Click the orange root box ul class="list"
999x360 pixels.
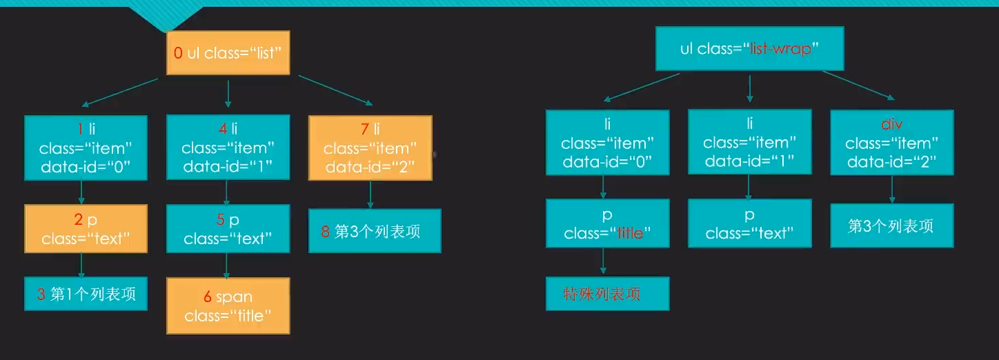[x=227, y=54]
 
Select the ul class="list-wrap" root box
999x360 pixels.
[x=749, y=48]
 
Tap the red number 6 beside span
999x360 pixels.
[x=207, y=297]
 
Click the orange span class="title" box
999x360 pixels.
[x=228, y=306]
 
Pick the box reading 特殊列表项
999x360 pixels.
[x=607, y=294]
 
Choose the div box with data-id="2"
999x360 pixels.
[x=891, y=143]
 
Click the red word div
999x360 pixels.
[x=892, y=125]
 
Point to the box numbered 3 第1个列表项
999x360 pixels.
[x=86, y=294]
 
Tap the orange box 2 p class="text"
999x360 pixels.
[x=86, y=229]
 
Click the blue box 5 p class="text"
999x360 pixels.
[x=228, y=229]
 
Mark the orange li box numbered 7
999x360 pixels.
[x=370, y=148]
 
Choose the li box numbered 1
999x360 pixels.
[x=86, y=148]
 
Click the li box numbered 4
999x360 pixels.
[x=228, y=148]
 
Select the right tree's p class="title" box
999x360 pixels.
[x=607, y=223]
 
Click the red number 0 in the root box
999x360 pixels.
[x=178, y=53]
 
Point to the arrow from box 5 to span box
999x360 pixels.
[x=228, y=265]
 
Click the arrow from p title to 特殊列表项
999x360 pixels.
[x=604, y=262]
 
